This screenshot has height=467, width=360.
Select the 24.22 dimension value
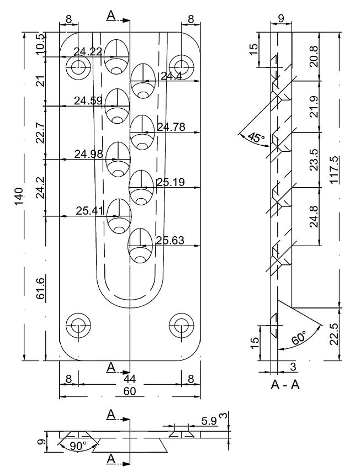pyautogui.click(x=87, y=52)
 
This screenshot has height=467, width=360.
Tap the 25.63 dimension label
pyautogui.click(x=170, y=240)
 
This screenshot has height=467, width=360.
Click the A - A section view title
pyautogui.click(x=285, y=386)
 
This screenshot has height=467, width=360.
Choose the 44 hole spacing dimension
pyautogui.click(x=130, y=380)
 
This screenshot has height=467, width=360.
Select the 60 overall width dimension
pyautogui.click(x=130, y=391)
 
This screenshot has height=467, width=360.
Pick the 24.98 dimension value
pyautogui.click(x=88, y=153)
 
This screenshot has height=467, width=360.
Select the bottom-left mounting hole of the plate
pyautogui.click(x=77, y=325)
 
